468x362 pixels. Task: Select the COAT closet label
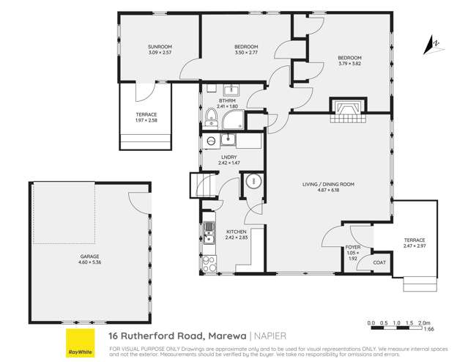tap(379, 262)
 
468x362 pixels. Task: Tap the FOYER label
tap(352, 248)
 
